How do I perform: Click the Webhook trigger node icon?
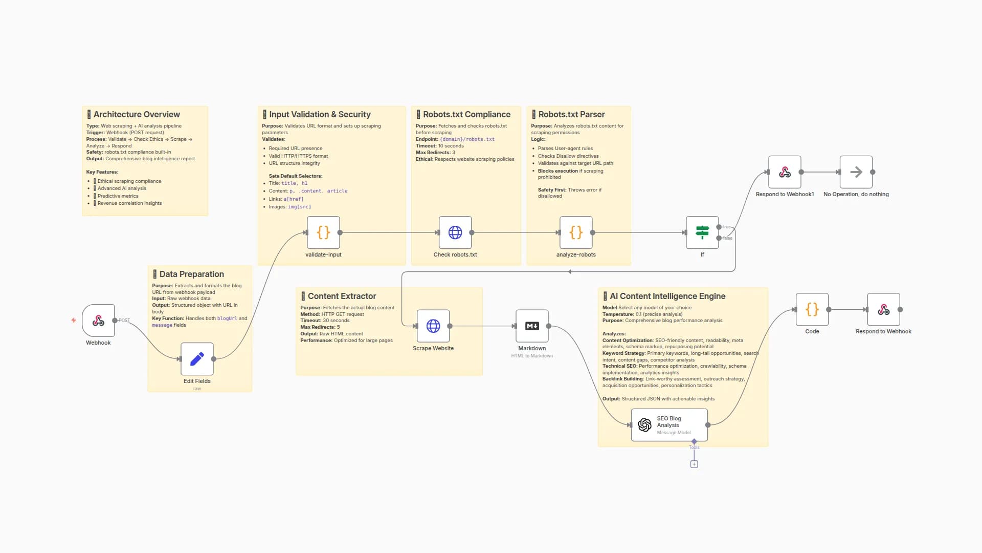tap(98, 321)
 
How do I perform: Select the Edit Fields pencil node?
tap(197, 359)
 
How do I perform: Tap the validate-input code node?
tap(323, 232)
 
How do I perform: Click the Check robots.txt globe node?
tap(455, 232)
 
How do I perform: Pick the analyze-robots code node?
tap(576, 232)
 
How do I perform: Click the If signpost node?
tap(702, 232)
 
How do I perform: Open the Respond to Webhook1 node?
tap(785, 172)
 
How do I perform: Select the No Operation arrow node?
tap(856, 172)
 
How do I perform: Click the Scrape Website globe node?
tap(433, 326)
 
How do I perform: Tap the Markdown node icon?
tap(532, 326)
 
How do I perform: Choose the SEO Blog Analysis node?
tap(669, 424)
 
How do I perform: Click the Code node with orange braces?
tap(812, 309)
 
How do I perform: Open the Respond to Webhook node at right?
tap(883, 309)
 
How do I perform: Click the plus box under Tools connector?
tap(694, 464)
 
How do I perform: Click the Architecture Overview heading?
tap(137, 114)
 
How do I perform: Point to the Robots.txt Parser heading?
tap(571, 114)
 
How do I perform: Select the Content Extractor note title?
tap(342, 296)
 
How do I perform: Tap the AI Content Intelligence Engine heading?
tap(667, 296)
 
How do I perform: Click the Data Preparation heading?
tap(191, 274)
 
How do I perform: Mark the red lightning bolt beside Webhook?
tap(74, 320)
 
